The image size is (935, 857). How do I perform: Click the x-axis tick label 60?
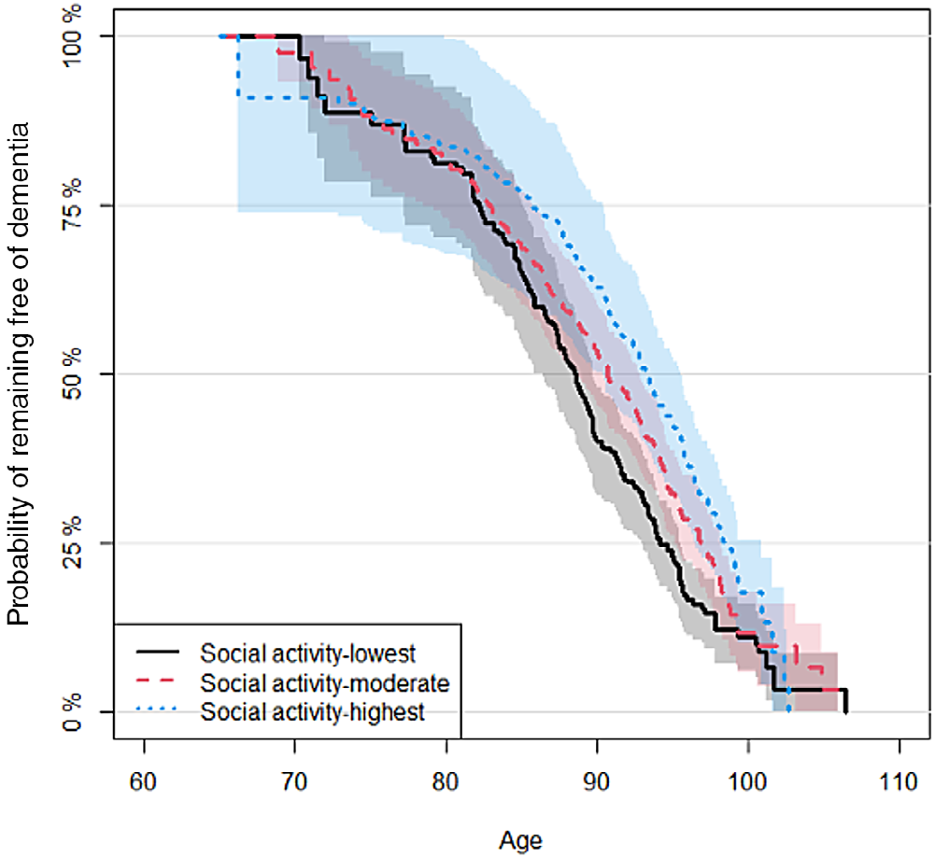pos(144,781)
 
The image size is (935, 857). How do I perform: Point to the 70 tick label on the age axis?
pos(294,781)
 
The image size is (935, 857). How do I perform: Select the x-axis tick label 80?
pos(446,781)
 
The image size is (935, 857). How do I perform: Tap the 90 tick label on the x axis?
pos(596,781)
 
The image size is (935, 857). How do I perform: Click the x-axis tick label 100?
pos(748,781)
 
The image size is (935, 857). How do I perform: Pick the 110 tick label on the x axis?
pos(899,781)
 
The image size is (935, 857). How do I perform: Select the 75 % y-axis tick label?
pos(72,205)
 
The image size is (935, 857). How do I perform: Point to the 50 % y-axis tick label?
pos(72,374)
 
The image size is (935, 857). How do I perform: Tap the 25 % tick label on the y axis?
pos(72,543)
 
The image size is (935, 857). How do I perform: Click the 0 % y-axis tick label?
pos(72,712)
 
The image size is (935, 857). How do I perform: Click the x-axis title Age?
pos(520,841)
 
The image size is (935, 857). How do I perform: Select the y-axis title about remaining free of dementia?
pos(19,373)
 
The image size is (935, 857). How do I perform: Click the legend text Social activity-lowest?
pos(307,653)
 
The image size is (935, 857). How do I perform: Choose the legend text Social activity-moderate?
pos(325,683)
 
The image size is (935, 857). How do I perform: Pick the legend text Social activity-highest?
pos(313,711)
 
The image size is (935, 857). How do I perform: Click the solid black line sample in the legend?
pos(158,652)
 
